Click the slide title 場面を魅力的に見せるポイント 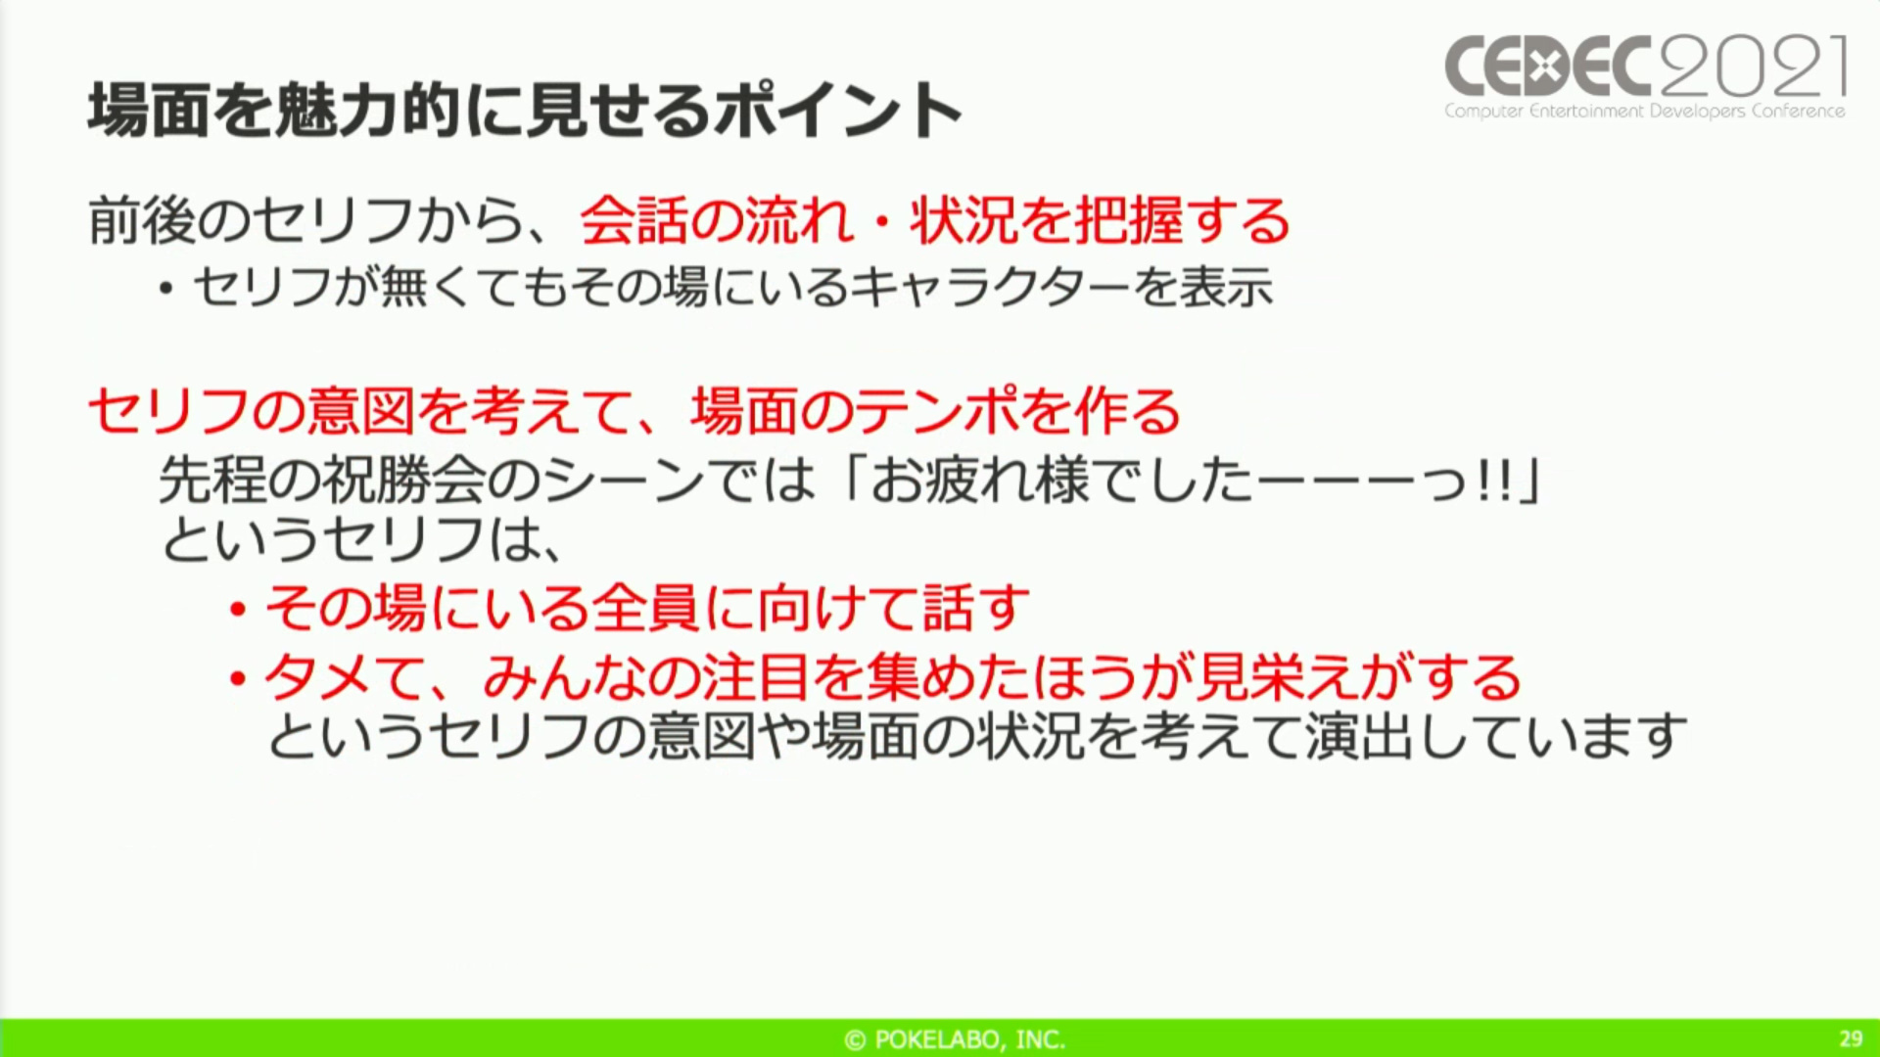point(526,110)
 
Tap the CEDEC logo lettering point(1551,67)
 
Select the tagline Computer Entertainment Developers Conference point(1645,112)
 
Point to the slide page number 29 point(1851,1038)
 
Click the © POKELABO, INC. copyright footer point(955,1039)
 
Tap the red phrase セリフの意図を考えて point(360,411)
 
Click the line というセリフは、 point(362,540)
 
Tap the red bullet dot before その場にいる point(237,611)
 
